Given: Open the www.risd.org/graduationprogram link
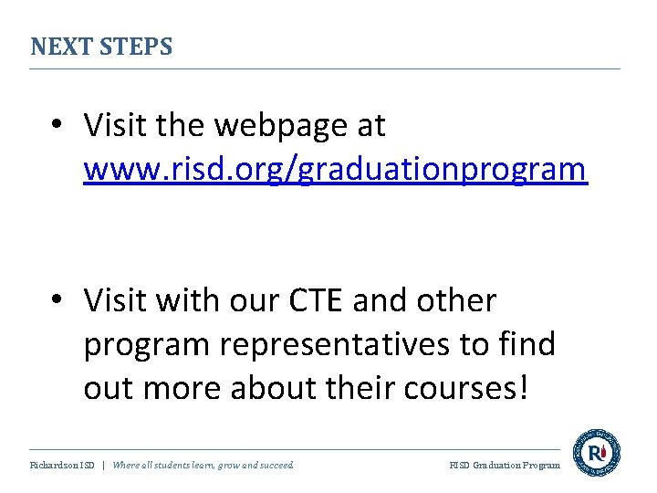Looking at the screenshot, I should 335,169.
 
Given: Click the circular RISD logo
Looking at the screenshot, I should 597,453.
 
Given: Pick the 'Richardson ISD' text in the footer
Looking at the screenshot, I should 62,466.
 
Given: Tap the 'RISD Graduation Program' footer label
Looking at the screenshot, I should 505,466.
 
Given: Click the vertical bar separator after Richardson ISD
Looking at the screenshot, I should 103,466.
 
